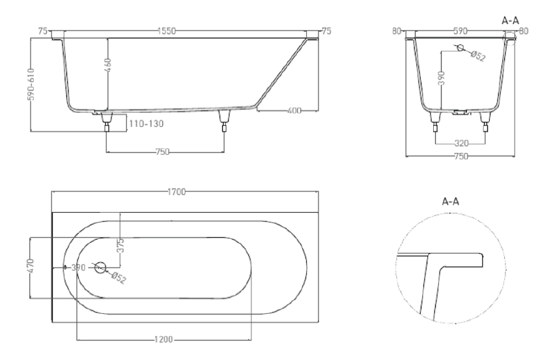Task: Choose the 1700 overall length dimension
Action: (176, 191)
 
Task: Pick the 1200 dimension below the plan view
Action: (164, 340)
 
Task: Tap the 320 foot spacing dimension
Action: (460, 143)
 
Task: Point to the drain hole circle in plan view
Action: (100, 267)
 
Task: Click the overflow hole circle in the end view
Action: (461, 48)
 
